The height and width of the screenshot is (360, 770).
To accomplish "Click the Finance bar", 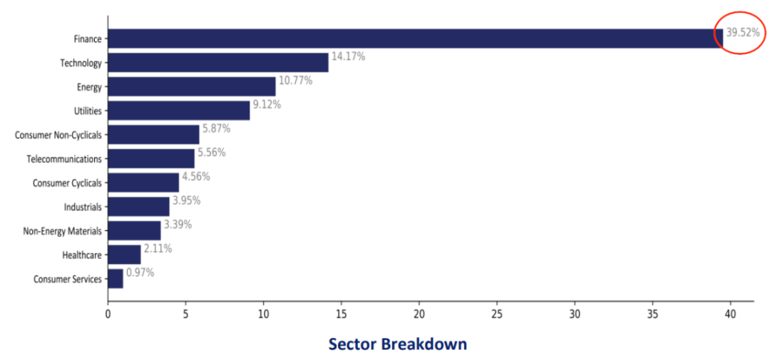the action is click(416, 38).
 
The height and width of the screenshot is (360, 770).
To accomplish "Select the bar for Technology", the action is click(218, 62).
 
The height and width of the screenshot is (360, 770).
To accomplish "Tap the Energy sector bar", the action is click(192, 86).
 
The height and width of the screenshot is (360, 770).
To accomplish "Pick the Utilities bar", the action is click(179, 110).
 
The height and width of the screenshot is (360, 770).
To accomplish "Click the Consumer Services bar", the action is click(115, 279).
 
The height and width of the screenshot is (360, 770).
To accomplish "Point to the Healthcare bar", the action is click(124, 254).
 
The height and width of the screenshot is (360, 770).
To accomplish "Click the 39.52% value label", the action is click(743, 33).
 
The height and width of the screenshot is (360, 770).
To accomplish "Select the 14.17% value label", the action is click(348, 56).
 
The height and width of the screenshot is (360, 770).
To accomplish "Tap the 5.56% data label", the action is click(212, 153).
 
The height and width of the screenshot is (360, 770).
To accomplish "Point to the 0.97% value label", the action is click(140, 272).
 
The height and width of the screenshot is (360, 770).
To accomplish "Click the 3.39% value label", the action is click(178, 225).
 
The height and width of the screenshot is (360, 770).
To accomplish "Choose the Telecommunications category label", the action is click(65, 159).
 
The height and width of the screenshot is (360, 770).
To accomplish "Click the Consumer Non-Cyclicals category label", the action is click(58, 135).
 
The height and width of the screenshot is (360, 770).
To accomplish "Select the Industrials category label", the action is click(83, 207).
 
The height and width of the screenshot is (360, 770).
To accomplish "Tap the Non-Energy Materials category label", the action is click(62, 231).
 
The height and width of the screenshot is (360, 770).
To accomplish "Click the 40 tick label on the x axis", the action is click(731, 314).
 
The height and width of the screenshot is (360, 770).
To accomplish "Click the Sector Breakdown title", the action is click(398, 344).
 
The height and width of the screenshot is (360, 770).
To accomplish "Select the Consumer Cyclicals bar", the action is click(143, 182).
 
